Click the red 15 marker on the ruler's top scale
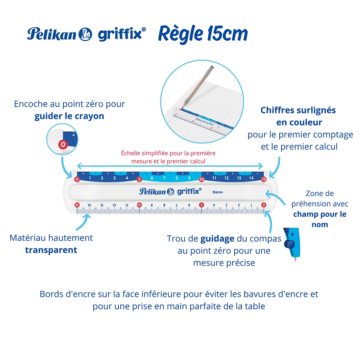pyautogui.click(x=264, y=179)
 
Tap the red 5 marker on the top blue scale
pyautogui.click(x=139, y=179)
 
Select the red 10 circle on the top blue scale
pyautogui.click(x=202, y=179)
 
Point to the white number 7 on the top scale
pyautogui.click(x=164, y=178)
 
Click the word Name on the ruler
pyautogui.click(x=217, y=192)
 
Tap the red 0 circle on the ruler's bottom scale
pyautogui.click(x=264, y=205)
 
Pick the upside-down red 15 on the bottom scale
pyautogui.click(x=77, y=205)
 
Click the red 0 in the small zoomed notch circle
pyautogui.click(x=63, y=145)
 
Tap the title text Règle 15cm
pyautogui.click(x=203, y=34)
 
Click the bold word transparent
pyautogui.click(x=51, y=250)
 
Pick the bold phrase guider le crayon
pyautogui.click(x=69, y=116)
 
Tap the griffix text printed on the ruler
pyautogui.click(x=189, y=192)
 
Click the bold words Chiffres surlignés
pyautogui.click(x=298, y=110)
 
